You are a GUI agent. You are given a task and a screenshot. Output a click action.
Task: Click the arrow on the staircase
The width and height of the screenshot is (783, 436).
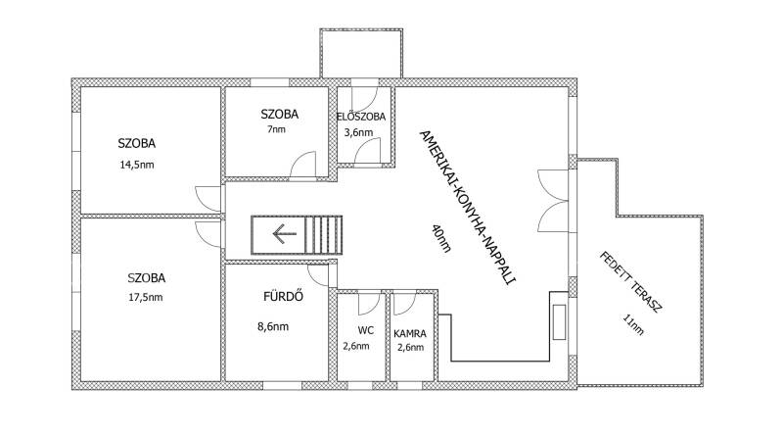(x=285, y=234)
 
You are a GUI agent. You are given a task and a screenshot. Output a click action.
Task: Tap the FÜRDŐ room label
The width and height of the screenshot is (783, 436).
(x=283, y=296)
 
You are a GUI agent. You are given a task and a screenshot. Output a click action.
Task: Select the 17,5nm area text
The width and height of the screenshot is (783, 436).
(x=146, y=297)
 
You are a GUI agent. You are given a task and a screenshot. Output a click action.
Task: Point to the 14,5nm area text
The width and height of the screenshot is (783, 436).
(x=137, y=165)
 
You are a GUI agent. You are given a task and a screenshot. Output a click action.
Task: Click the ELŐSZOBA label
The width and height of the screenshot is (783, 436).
(x=361, y=117)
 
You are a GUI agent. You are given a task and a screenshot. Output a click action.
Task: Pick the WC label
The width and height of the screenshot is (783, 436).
(x=365, y=330)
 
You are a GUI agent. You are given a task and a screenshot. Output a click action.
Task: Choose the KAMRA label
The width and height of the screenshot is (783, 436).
(x=410, y=333)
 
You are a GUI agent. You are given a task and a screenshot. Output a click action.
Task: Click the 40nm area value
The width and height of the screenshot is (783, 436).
(x=441, y=238)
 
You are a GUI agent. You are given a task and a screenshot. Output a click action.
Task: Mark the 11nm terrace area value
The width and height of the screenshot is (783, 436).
(x=633, y=324)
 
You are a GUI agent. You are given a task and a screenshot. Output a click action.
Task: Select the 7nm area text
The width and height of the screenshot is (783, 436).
(x=277, y=129)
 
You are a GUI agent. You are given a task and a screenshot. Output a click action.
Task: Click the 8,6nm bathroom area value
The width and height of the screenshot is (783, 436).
(x=273, y=327)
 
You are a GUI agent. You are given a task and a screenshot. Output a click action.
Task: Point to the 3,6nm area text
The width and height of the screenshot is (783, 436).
(x=358, y=132)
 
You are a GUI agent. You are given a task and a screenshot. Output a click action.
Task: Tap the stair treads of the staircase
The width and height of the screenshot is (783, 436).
(x=324, y=235)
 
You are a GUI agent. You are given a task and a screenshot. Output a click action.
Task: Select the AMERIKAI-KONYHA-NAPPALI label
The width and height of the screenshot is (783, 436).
(x=467, y=207)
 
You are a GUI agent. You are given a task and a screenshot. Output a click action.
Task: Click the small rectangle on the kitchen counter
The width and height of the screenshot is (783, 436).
(x=559, y=322)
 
